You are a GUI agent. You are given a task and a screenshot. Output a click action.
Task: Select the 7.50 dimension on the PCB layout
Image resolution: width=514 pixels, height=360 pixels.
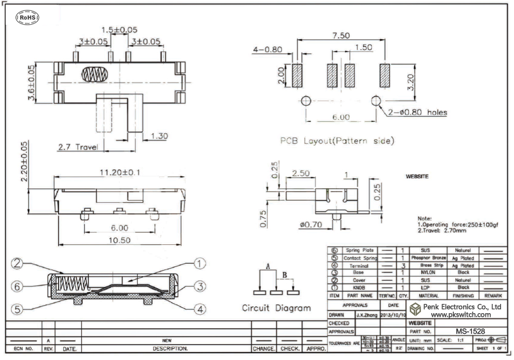click(x=341, y=35)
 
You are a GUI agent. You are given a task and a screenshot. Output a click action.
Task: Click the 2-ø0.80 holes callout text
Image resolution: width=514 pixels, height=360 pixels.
click(x=418, y=113)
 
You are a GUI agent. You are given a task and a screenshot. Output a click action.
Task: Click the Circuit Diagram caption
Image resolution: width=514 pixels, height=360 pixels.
click(x=277, y=308)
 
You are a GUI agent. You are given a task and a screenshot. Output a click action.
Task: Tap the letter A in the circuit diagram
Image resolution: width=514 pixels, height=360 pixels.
click(x=268, y=266)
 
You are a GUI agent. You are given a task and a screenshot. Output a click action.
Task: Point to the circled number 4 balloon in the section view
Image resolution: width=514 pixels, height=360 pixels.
click(x=199, y=309)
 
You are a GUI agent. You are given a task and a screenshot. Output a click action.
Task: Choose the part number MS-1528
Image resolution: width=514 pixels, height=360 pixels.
click(x=470, y=331)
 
